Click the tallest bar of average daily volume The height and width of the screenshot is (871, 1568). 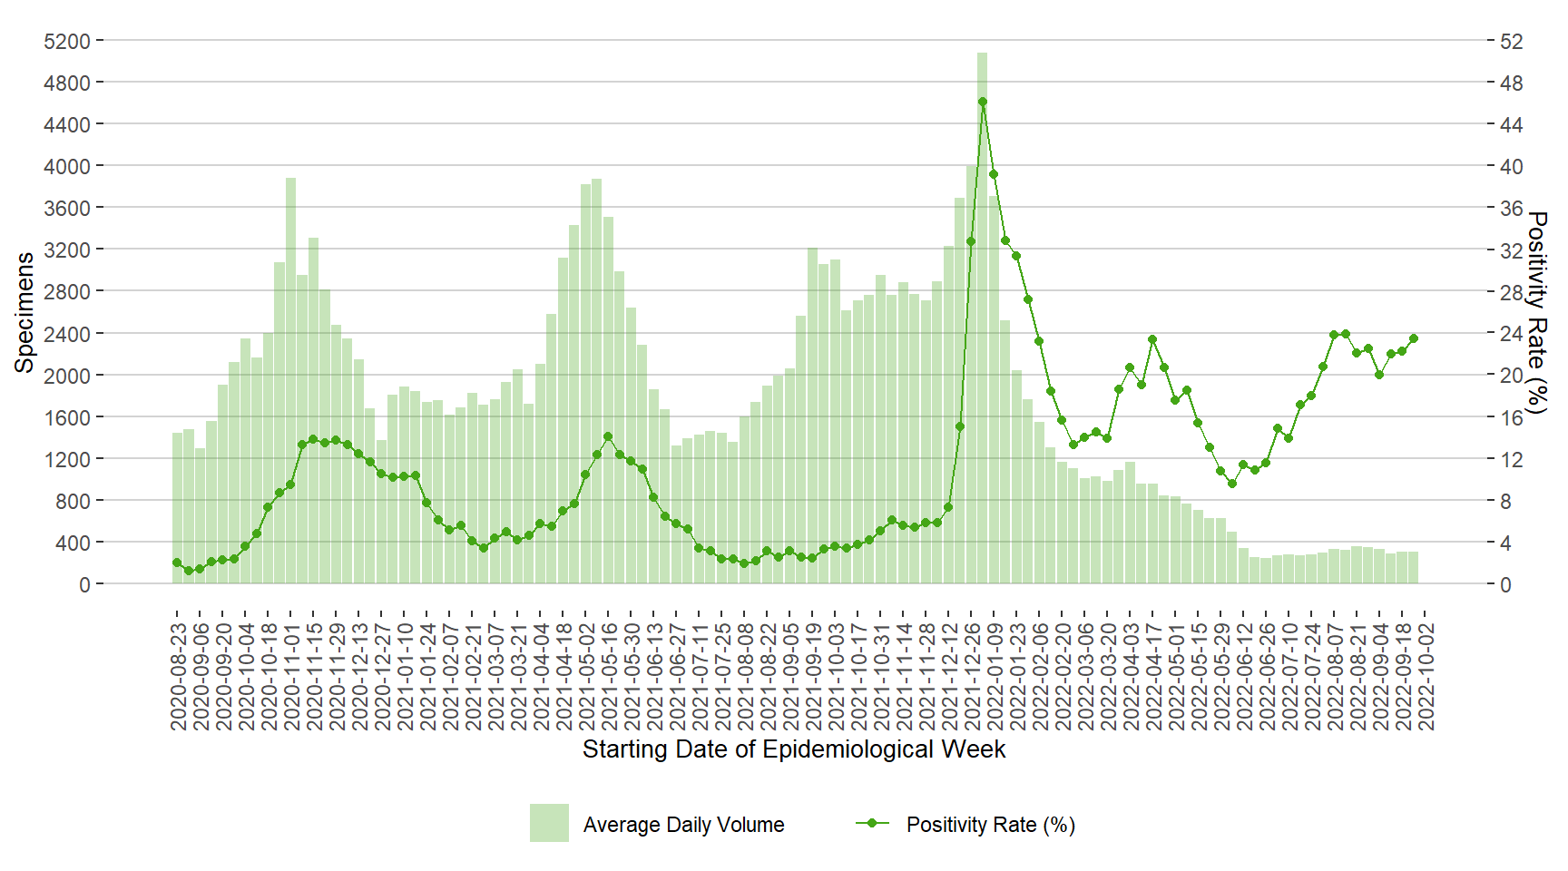tap(982, 318)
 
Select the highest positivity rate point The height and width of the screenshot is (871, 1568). tap(982, 102)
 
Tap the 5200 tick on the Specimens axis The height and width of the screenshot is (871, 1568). tap(67, 41)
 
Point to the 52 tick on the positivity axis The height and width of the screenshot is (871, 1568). tap(1511, 41)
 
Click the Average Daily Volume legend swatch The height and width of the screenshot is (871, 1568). tap(549, 823)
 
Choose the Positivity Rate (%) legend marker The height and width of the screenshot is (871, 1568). tap(872, 823)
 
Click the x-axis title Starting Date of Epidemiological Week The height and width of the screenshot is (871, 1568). tap(793, 749)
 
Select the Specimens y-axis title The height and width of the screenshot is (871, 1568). tap(24, 312)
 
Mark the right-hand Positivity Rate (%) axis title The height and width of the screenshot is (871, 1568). tap(1536, 312)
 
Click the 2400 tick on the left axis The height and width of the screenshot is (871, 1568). tap(67, 333)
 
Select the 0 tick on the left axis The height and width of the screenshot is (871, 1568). tap(84, 584)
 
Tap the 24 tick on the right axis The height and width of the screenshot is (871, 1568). tap(1511, 333)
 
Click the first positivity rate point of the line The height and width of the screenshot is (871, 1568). tap(177, 563)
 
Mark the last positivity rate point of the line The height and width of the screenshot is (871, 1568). tap(1413, 338)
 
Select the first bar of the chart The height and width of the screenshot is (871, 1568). tap(178, 508)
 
